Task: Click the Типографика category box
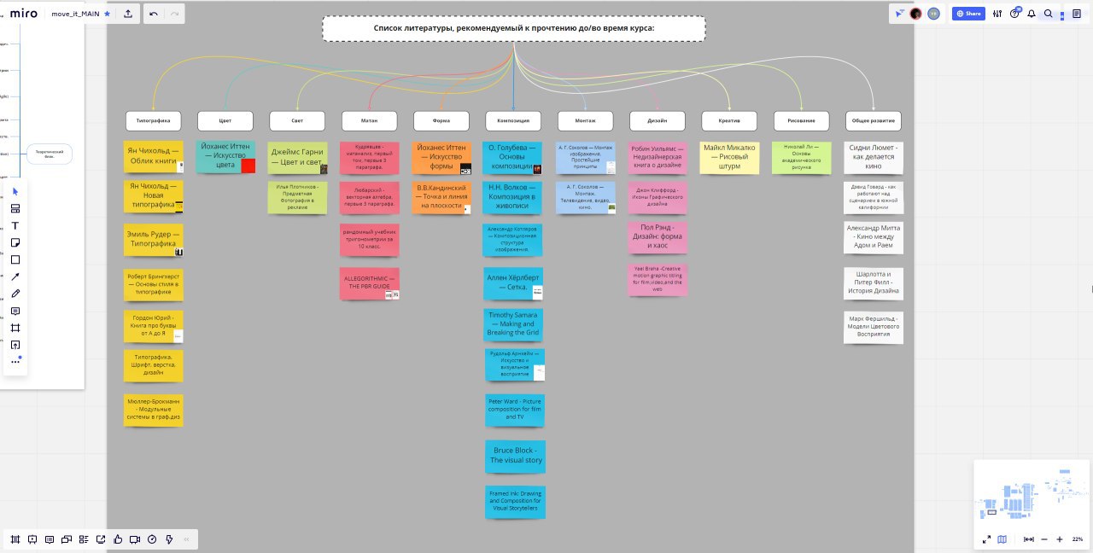tap(154, 120)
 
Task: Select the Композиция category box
tap(513, 120)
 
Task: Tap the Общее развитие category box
tap(873, 120)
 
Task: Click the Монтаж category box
tap(585, 120)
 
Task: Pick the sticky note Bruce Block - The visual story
tap(515, 455)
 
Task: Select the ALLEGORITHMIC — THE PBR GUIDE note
tap(369, 283)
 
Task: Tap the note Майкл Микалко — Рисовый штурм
tap(729, 158)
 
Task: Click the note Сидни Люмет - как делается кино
tap(873, 157)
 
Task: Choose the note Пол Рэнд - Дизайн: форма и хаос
tap(658, 236)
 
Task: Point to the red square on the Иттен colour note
tap(248, 166)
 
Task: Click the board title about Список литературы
tap(514, 28)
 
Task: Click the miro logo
tap(23, 14)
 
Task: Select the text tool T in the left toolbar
tap(15, 225)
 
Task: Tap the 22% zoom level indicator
tap(1078, 539)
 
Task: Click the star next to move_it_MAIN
tap(107, 14)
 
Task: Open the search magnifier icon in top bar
tap(1048, 14)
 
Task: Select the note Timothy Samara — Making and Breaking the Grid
tap(512, 324)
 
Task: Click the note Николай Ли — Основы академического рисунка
tap(801, 158)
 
